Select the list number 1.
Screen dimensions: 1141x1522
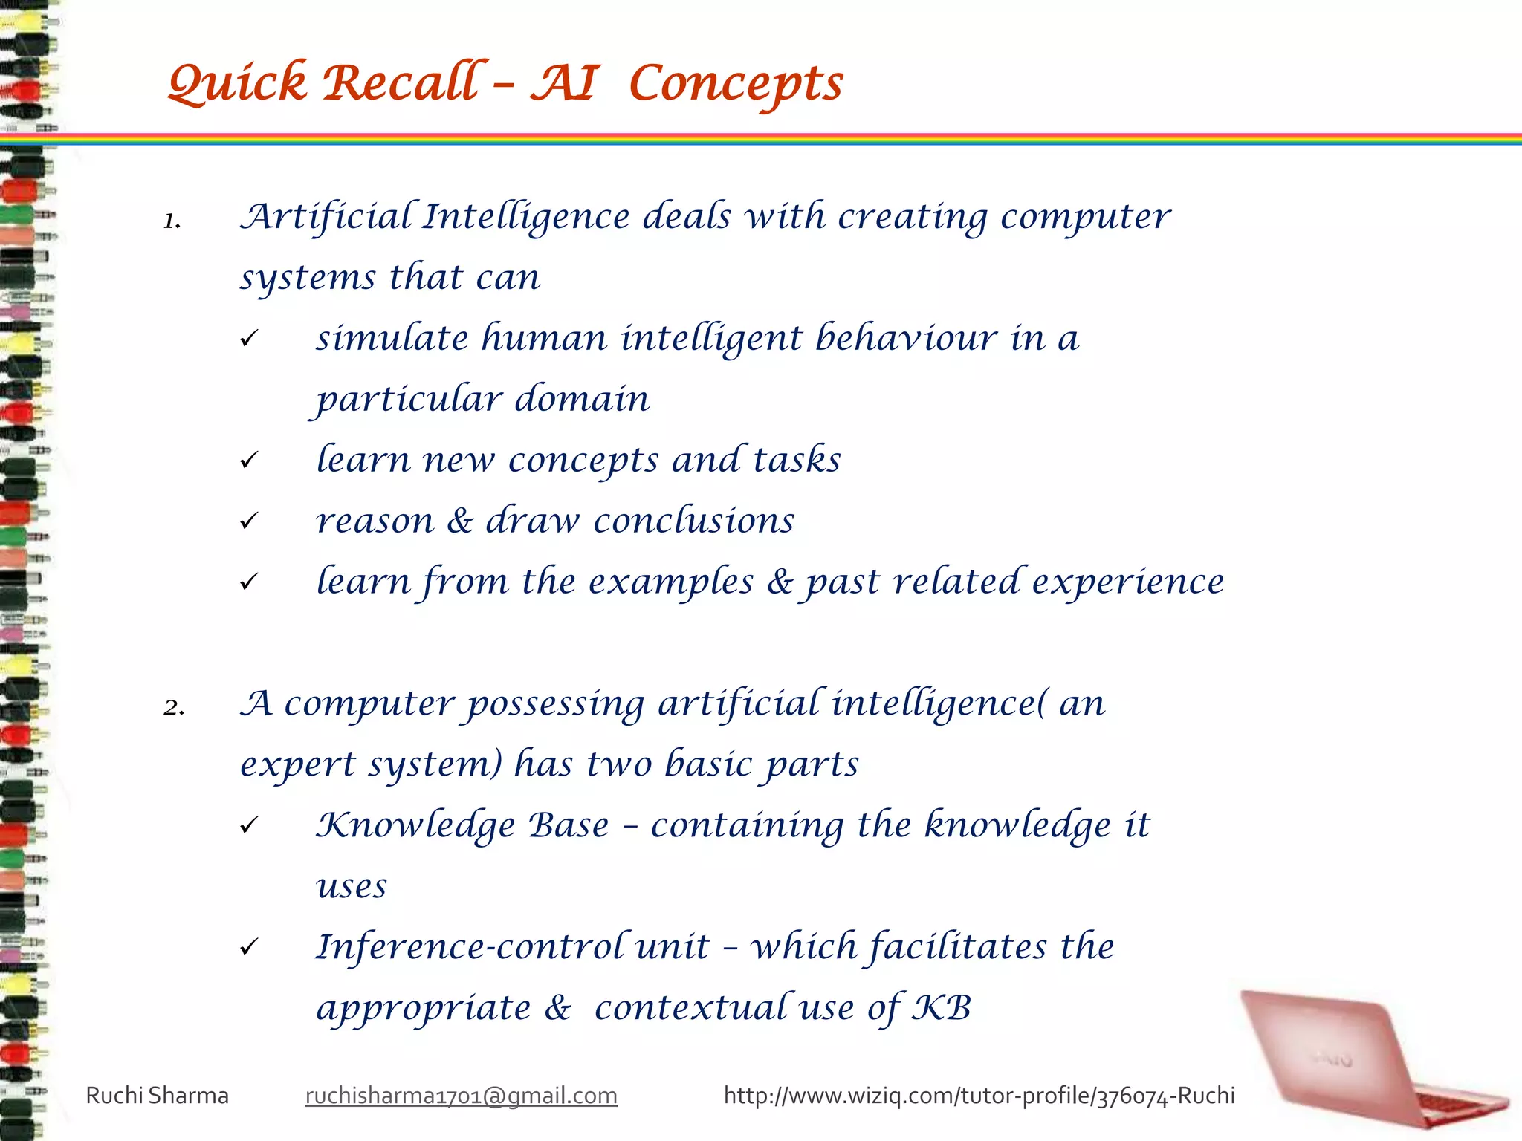coord(172,221)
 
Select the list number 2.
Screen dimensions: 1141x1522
coord(174,707)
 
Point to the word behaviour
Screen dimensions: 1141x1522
coord(906,338)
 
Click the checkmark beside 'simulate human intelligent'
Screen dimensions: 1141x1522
coord(249,339)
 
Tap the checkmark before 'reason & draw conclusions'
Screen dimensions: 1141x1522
coord(249,521)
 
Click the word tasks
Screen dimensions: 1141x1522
coord(797,460)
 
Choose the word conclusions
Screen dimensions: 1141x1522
coord(693,521)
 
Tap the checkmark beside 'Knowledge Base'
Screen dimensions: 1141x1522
coord(249,825)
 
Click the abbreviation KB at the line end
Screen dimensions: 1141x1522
coord(942,1008)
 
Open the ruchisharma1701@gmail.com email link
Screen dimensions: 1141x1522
coord(461,1096)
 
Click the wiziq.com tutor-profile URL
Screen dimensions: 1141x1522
coord(979,1096)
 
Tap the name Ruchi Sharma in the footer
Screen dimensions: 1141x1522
coord(157,1096)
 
